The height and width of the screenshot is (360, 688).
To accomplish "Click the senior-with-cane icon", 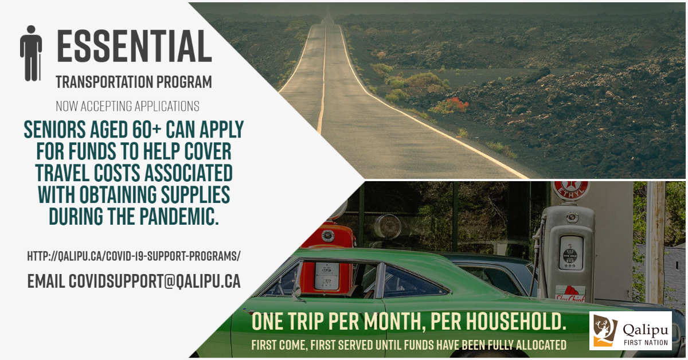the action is click(x=31, y=53).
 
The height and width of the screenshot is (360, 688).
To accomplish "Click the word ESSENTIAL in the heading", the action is click(x=134, y=46).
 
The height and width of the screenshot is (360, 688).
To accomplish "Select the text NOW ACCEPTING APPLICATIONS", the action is click(x=127, y=106).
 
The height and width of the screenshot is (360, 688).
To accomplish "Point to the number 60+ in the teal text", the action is click(x=147, y=130).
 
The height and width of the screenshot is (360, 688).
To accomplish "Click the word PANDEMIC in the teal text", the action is click(x=179, y=216).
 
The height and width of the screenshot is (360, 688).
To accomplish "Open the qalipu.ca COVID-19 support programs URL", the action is click(x=134, y=256).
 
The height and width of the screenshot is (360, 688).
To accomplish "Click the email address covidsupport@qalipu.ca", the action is click(x=154, y=281).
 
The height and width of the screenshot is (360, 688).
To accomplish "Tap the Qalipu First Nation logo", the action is click(x=630, y=331).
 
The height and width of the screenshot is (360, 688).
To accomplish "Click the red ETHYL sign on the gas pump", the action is click(x=569, y=191).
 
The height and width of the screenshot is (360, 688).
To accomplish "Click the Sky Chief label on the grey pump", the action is click(x=570, y=294).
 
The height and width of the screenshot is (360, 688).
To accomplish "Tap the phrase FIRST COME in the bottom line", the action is click(x=279, y=345).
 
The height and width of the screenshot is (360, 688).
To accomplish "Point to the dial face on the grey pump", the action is click(x=570, y=252).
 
